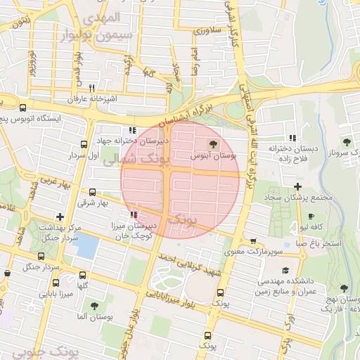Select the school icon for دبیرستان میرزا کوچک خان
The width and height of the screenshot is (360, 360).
[x=134, y=214]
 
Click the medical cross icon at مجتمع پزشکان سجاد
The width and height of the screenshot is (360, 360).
[x=298, y=187]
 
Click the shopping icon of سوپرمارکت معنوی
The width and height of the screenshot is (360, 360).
[x=253, y=241]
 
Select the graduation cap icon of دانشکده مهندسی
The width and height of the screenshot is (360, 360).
[x=285, y=271]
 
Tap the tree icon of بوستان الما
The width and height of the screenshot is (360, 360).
[x=94, y=306]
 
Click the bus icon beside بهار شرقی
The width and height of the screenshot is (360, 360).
[x=92, y=192]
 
